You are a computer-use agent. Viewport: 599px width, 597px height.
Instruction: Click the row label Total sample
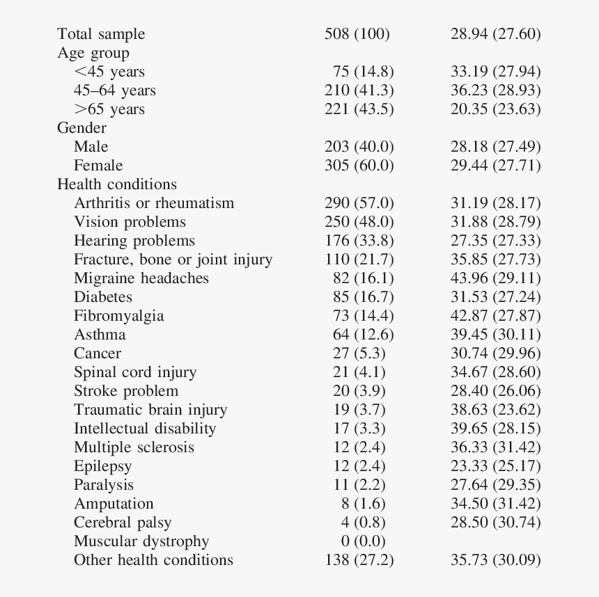[x=101, y=34]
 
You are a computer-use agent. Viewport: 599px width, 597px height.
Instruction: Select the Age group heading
[x=93, y=53]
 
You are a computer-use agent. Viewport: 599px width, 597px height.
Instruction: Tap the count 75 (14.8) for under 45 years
[x=364, y=72]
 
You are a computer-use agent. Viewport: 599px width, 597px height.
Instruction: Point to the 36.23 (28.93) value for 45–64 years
[x=496, y=90]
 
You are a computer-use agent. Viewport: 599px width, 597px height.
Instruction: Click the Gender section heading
[x=81, y=127]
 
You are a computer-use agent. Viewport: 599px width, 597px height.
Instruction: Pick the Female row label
[x=98, y=166]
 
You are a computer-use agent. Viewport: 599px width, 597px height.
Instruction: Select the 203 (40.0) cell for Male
[x=359, y=147]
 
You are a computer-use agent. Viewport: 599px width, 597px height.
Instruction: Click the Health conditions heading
[x=117, y=184]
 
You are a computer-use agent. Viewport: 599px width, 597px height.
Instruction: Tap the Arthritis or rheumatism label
[x=154, y=202]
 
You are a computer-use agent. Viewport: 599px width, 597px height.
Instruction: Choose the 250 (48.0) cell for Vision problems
[x=359, y=222]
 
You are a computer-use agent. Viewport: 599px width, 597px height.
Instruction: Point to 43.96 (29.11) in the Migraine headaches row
[x=496, y=278]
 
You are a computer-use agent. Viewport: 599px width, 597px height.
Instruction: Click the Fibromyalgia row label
[x=119, y=316]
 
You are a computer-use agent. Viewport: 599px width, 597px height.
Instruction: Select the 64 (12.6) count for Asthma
[x=364, y=335]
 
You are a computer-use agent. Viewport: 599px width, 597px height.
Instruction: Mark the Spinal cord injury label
[x=135, y=372]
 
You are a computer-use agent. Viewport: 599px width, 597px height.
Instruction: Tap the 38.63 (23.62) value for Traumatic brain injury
[x=496, y=410]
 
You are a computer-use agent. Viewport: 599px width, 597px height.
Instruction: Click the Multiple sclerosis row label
[x=134, y=447]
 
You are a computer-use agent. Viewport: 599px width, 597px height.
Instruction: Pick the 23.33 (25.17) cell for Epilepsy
[x=496, y=466]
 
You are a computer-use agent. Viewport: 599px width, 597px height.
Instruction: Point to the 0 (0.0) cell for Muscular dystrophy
[x=364, y=541]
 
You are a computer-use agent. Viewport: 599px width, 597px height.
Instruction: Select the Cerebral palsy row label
[x=123, y=523]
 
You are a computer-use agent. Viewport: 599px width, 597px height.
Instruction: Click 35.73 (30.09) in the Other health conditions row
[x=496, y=560]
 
